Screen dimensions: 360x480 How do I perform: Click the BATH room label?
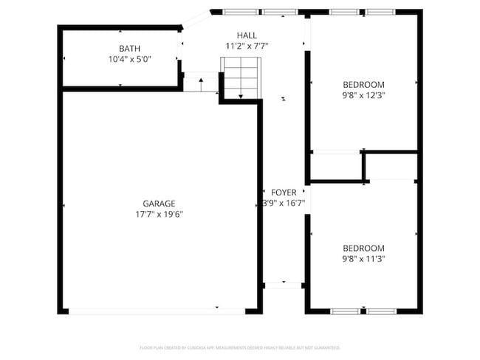click(120, 49)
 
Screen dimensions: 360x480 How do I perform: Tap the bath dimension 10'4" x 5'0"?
click(120, 59)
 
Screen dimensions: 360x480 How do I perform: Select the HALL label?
click(247, 35)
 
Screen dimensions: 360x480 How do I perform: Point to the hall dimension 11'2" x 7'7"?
click(247, 46)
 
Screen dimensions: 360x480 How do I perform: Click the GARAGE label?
click(159, 204)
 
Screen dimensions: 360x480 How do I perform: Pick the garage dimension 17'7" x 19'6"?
click(159, 214)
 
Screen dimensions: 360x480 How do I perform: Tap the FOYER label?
click(284, 192)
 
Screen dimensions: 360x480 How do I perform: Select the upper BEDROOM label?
click(364, 85)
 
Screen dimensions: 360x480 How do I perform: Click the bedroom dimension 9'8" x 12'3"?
click(364, 95)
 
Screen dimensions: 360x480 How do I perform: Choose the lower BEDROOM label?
click(364, 248)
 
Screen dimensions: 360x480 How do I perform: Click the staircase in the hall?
click(240, 77)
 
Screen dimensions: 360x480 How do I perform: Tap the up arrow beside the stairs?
click(201, 79)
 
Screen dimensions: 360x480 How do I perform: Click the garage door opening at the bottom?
click(157, 311)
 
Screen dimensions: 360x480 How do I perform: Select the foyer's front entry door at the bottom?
click(284, 284)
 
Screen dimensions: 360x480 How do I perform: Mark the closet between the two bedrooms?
click(335, 165)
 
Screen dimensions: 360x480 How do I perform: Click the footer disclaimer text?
click(239, 347)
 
